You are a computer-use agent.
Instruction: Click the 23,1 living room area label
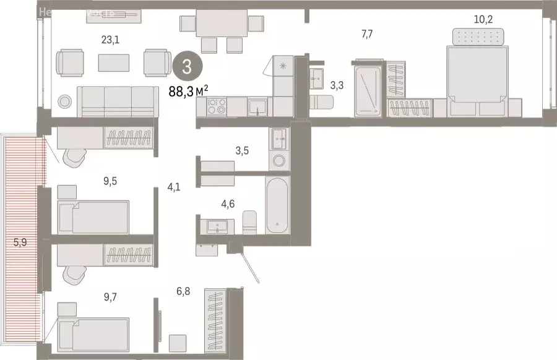point(110,40)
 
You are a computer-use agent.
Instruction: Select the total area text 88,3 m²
point(188,91)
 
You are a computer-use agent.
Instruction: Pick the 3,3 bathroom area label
point(337,85)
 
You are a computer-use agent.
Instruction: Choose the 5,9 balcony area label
point(20,242)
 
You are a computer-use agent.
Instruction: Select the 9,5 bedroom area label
point(110,181)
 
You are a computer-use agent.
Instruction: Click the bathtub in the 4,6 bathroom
point(277,206)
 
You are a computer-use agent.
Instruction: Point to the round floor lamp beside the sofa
point(65,101)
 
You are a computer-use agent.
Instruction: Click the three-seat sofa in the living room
point(115,101)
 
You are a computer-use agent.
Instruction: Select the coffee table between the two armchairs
point(114,62)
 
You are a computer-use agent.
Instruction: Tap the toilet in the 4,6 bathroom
point(250,221)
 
